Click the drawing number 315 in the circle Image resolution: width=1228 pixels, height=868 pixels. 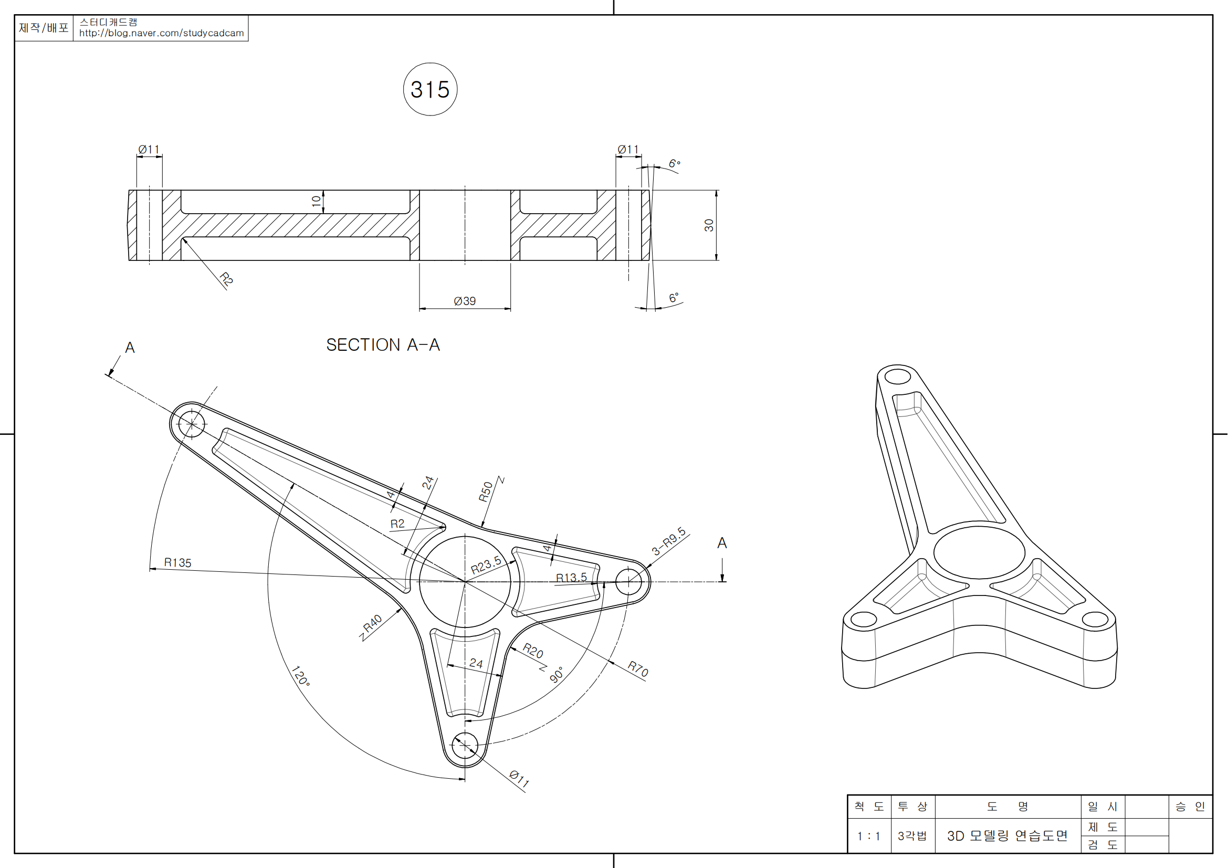point(430,89)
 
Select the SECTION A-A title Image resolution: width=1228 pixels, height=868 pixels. point(383,345)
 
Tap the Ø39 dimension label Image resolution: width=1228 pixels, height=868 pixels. point(464,301)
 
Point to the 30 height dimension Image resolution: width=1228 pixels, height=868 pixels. point(709,225)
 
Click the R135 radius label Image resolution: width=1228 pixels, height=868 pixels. point(177,562)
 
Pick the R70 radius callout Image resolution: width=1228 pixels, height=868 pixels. point(637,668)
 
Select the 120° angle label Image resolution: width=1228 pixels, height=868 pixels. point(300,676)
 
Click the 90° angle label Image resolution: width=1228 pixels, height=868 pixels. point(556,674)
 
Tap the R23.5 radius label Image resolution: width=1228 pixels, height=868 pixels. point(486,565)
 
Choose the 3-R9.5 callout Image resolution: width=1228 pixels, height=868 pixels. point(668,541)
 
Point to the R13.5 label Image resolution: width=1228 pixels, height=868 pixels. point(571,578)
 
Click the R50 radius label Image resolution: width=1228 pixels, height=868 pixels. point(485,492)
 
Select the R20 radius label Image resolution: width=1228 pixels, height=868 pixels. point(533,650)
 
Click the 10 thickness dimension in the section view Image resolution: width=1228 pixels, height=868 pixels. point(316,201)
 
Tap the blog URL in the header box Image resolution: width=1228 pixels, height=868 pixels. point(161,33)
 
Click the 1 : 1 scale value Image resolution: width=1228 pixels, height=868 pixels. point(868,836)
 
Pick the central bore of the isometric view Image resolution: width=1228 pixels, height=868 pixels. point(979,552)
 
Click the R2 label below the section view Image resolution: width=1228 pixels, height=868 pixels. point(226,279)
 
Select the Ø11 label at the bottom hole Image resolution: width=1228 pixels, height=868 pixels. point(519,779)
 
